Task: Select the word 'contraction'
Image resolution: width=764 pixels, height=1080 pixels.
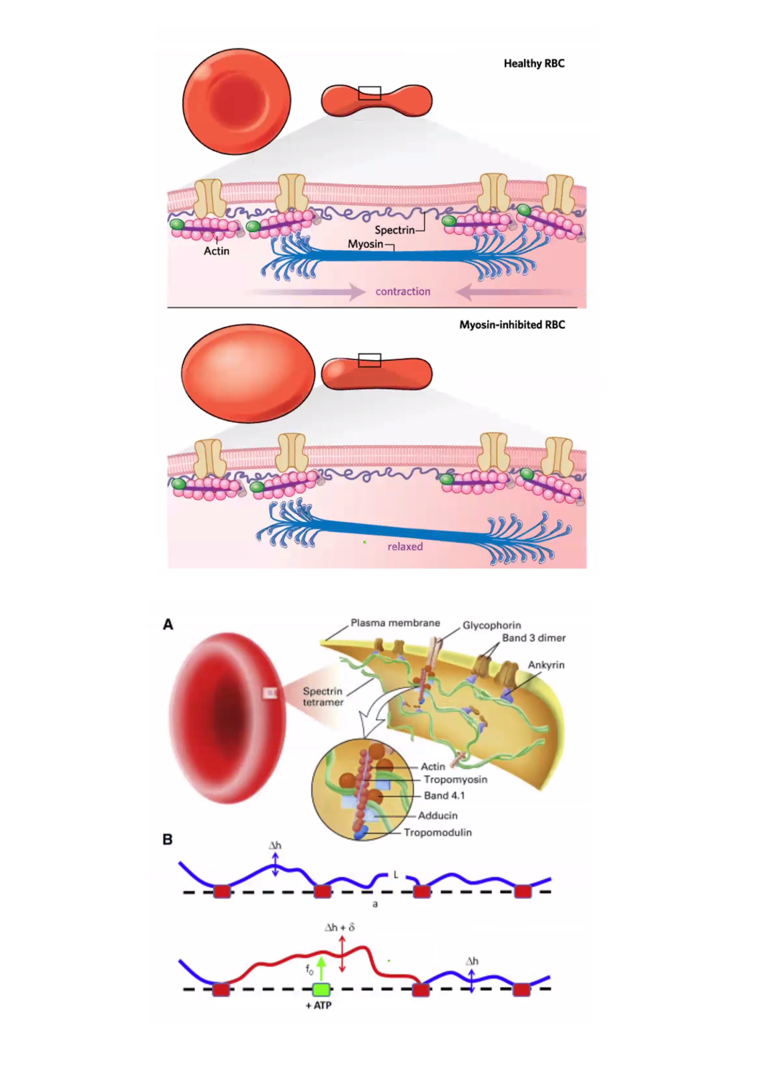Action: (x=403, y=292)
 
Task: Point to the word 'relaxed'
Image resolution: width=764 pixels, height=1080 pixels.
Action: (x=405, y=547)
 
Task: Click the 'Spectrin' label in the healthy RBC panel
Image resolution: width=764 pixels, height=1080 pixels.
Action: (x=394, y=230)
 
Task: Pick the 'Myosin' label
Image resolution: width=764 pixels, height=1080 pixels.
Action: (x=365, y=244)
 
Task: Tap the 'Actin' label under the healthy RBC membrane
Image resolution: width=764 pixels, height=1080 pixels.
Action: (x=216, y=251)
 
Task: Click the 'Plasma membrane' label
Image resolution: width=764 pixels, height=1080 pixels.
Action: (x=395, y=623)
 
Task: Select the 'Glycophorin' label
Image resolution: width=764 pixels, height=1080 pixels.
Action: (x=492, y=625)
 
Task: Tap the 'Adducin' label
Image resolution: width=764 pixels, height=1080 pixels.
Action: (x=437, y=815)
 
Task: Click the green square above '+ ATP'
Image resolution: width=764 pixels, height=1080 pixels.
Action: (x=321, y=990)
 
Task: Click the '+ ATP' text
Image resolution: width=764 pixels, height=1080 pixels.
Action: (x=318, y=1005)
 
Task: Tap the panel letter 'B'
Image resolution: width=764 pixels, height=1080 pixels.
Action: (x=167, y=840)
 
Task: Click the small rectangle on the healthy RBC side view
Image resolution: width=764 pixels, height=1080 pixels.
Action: (x=369, y=93)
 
